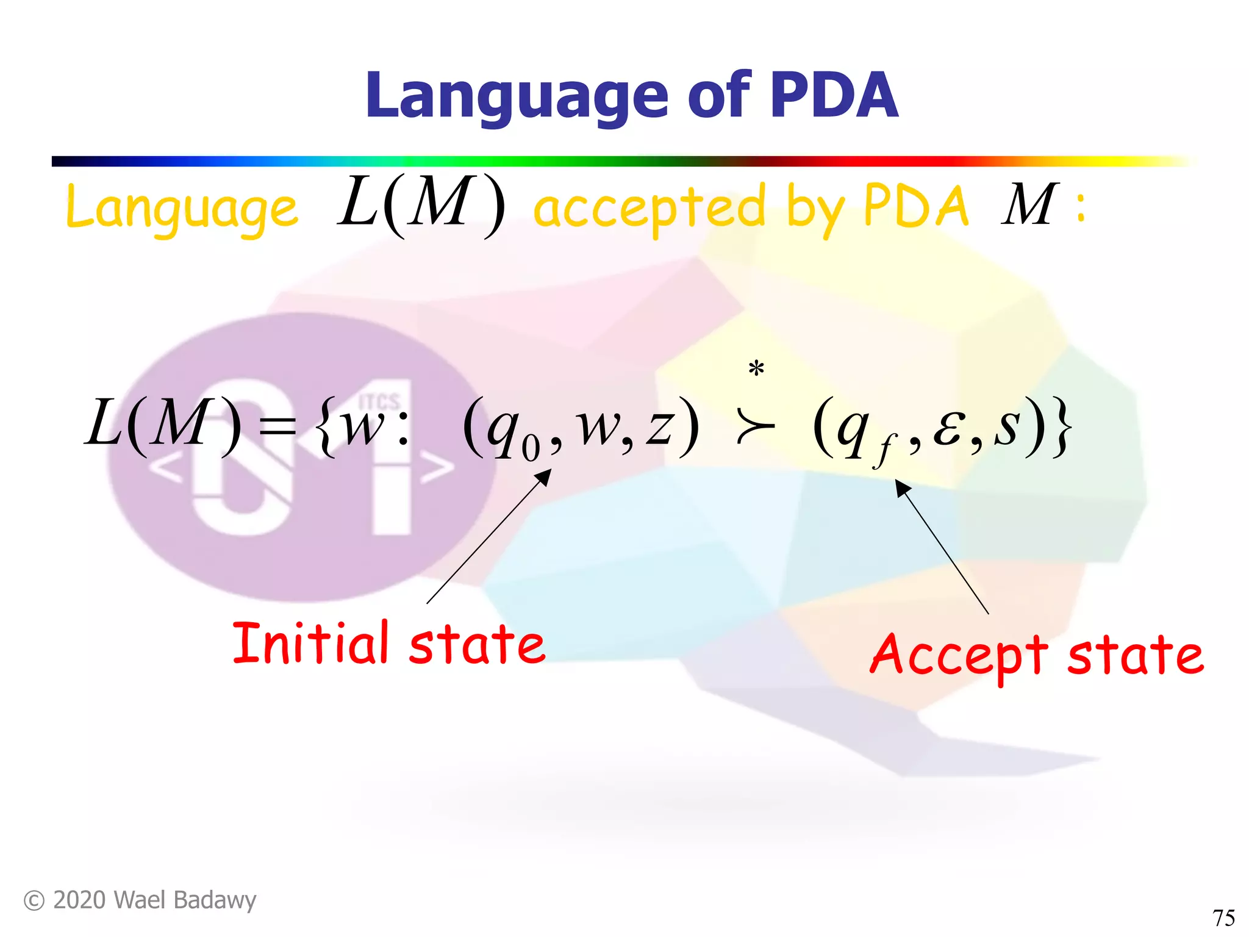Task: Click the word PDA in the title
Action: pos(833,96)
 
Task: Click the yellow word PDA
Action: pos(916,206)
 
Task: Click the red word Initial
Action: pos(310,643)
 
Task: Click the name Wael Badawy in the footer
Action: pos(185,900)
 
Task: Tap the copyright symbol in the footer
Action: pos(34,900)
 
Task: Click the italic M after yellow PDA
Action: pos(1029,204)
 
